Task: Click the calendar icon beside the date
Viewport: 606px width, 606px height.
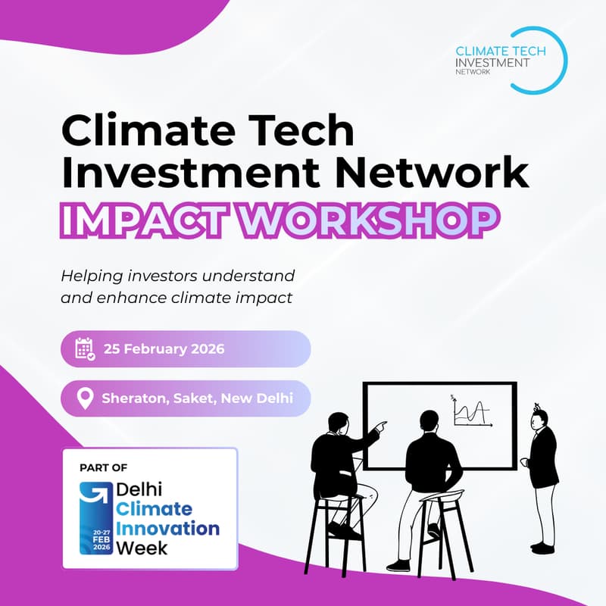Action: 85,349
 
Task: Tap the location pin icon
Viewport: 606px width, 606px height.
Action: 86,398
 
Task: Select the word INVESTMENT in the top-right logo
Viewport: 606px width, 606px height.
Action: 492,62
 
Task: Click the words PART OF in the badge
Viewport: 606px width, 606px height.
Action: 103,468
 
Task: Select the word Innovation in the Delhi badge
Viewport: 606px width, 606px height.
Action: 168,527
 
